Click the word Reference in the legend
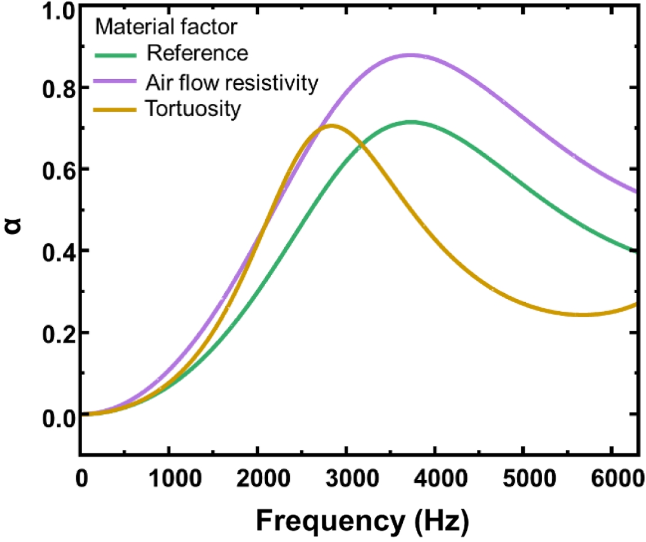point(197,54)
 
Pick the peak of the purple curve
point(411,55)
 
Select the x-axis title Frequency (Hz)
point(361,518)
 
